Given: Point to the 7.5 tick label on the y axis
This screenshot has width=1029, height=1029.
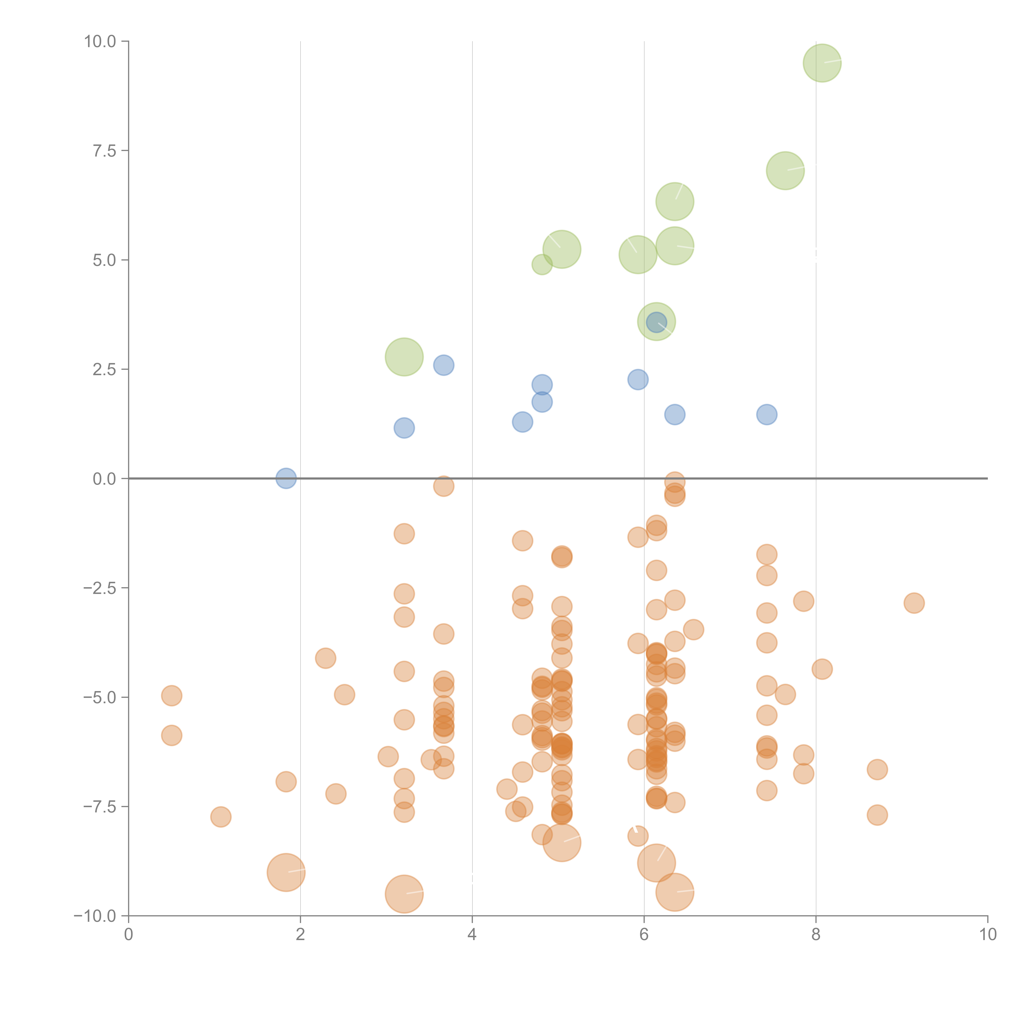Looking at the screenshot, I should tap(104, 151).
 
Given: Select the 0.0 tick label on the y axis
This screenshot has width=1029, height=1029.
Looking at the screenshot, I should tap(104, 479).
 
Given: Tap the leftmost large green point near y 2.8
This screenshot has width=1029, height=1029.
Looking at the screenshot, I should tap(404, 357).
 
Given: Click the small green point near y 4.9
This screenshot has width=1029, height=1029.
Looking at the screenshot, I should tap(542, 264).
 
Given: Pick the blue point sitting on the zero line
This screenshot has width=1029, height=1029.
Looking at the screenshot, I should tap(286, 478).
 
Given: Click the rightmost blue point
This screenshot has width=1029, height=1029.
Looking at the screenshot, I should tap(766, 414).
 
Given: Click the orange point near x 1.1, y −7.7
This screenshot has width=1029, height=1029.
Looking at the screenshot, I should tap(220, 816).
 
